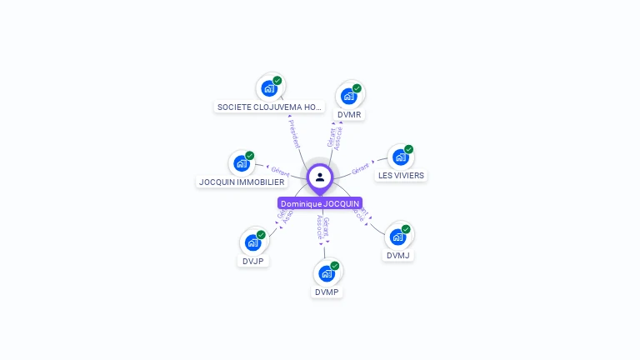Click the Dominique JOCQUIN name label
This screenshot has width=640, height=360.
point(320,203)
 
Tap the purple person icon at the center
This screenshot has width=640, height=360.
point(320,177)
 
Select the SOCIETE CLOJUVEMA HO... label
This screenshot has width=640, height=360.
point(269,107)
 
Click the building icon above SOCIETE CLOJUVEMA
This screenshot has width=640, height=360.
point(269,87)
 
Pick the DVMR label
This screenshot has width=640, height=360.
point(350,114)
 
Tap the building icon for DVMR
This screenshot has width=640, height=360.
point(349,95)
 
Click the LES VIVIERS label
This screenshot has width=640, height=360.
point(401,176)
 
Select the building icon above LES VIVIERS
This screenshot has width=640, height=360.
point(401,157)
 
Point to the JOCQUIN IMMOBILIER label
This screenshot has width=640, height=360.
point(242,182)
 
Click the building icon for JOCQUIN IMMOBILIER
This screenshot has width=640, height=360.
point(242,162)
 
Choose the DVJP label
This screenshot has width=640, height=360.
point(253,261)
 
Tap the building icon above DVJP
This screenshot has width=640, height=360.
point(253,242)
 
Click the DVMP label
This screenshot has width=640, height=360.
point(327,292)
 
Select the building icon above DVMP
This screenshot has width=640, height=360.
point(327,272)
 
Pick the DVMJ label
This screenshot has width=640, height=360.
point(398,256)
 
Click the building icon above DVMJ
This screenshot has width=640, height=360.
point(398,237)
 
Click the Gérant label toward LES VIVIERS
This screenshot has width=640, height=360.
point(360,168)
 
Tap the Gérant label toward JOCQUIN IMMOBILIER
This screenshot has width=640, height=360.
point(280,172)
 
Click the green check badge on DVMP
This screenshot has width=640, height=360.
point(335,266)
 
